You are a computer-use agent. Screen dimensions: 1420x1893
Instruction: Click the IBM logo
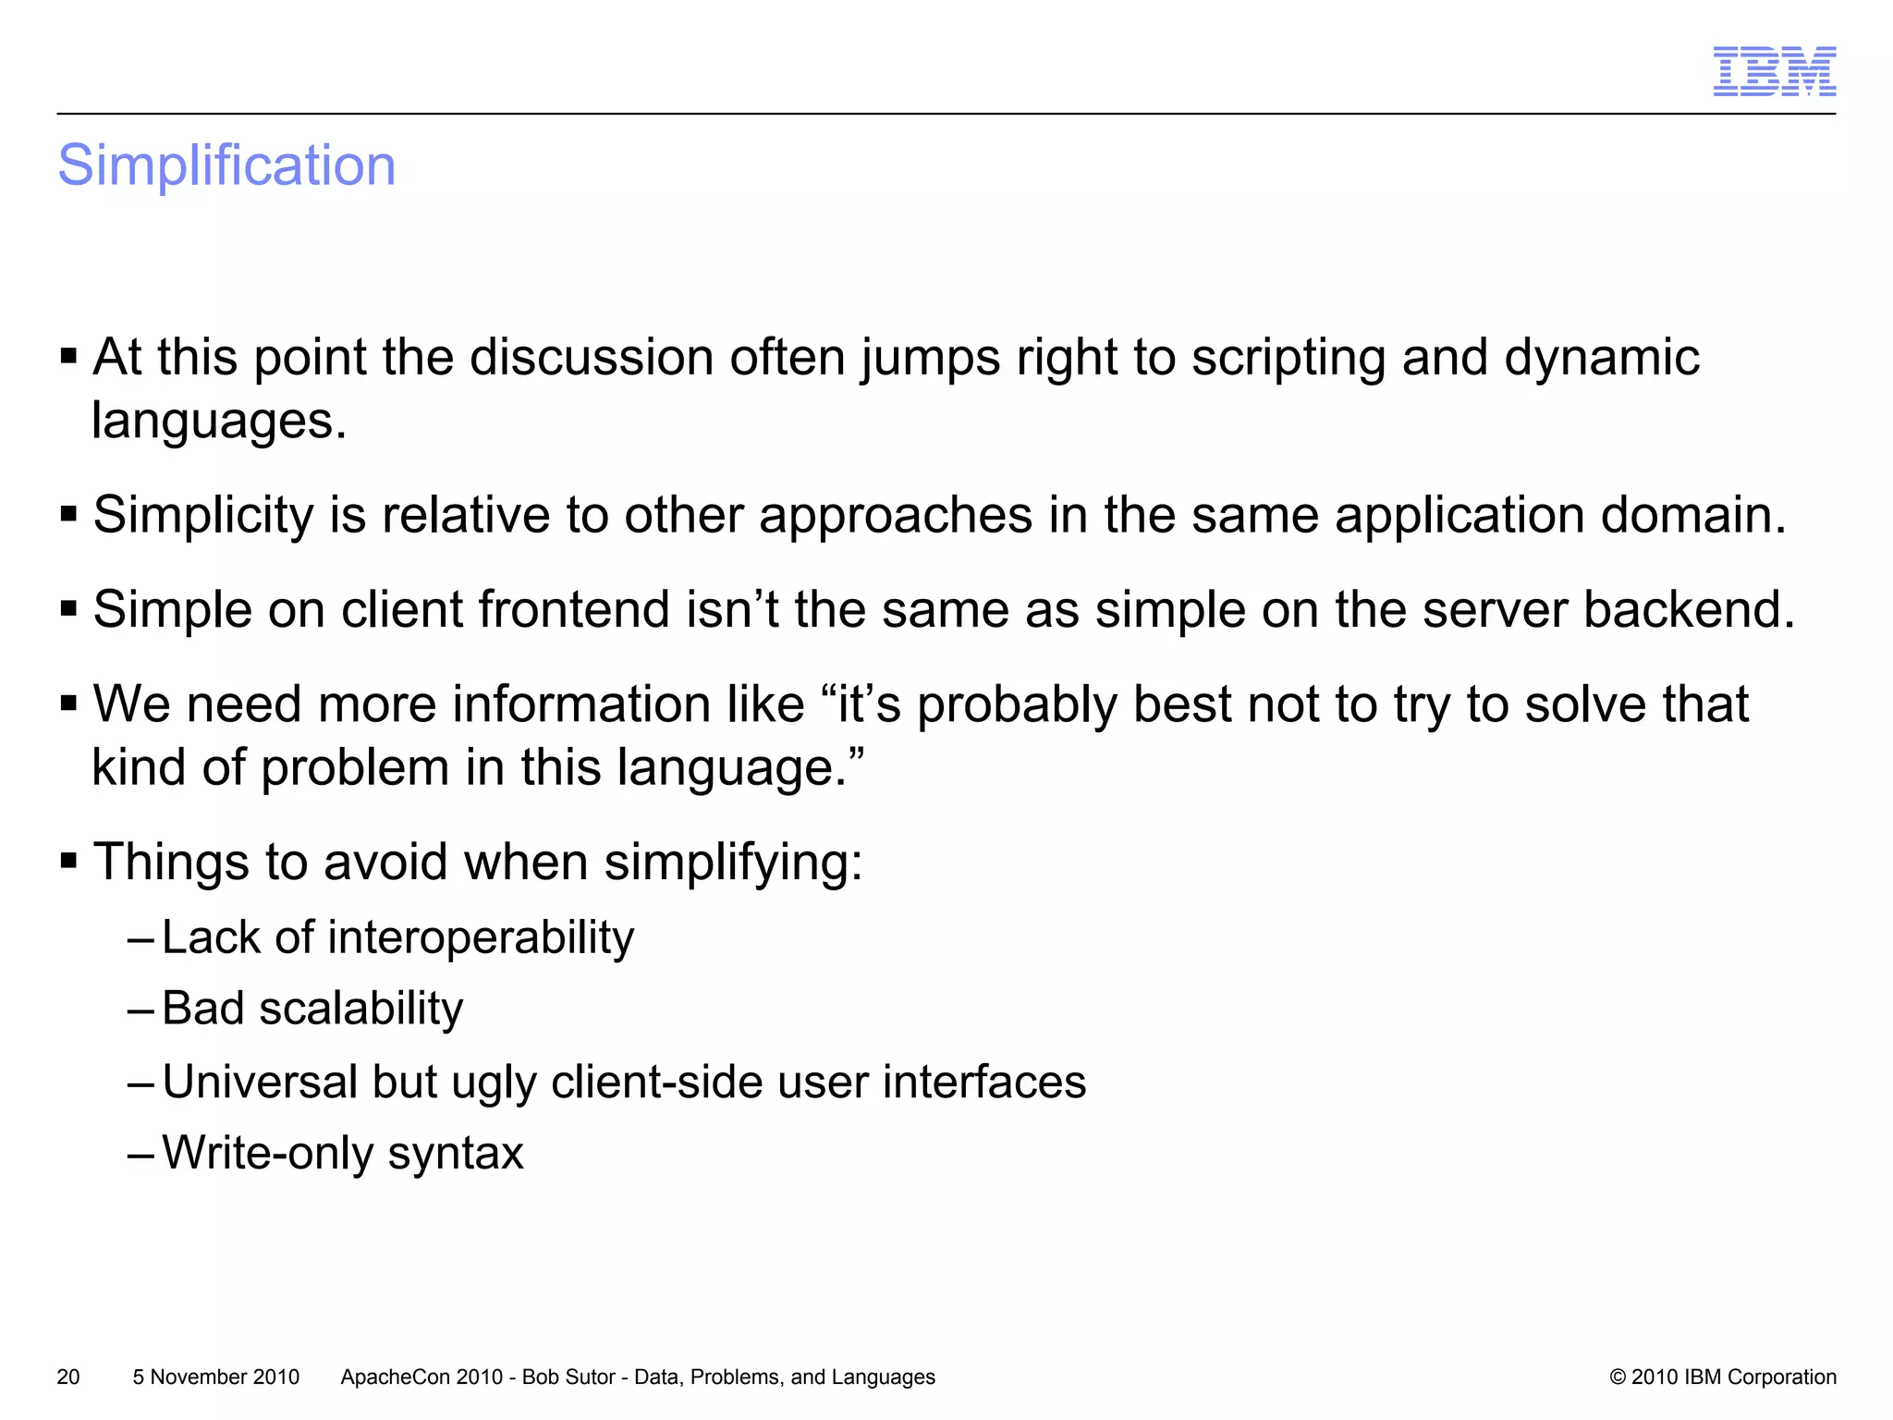[x=1774, y=71]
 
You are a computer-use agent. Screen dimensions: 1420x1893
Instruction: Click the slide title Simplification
[x=226, y=166]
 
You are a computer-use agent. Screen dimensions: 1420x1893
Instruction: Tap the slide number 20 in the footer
[x=68, y=1377]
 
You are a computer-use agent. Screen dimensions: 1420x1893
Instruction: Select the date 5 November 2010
[x=216, y=1377]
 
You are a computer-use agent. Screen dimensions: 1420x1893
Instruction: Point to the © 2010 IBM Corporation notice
[x=1723, y=1377]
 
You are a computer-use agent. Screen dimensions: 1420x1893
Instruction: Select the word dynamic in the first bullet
[x=1601, y=359]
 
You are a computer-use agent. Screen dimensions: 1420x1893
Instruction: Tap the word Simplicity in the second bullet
[x=203, y=516]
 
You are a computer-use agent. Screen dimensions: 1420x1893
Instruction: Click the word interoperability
[x=481, y=938]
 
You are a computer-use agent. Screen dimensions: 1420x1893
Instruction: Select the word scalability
[x=360, y=1009]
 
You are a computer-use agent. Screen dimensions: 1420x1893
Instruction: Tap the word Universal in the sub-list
[x=259, y=1082]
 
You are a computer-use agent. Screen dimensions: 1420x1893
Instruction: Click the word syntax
[x=455, y=1154]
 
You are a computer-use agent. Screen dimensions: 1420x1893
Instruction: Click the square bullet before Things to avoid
[x=68, y=862]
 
